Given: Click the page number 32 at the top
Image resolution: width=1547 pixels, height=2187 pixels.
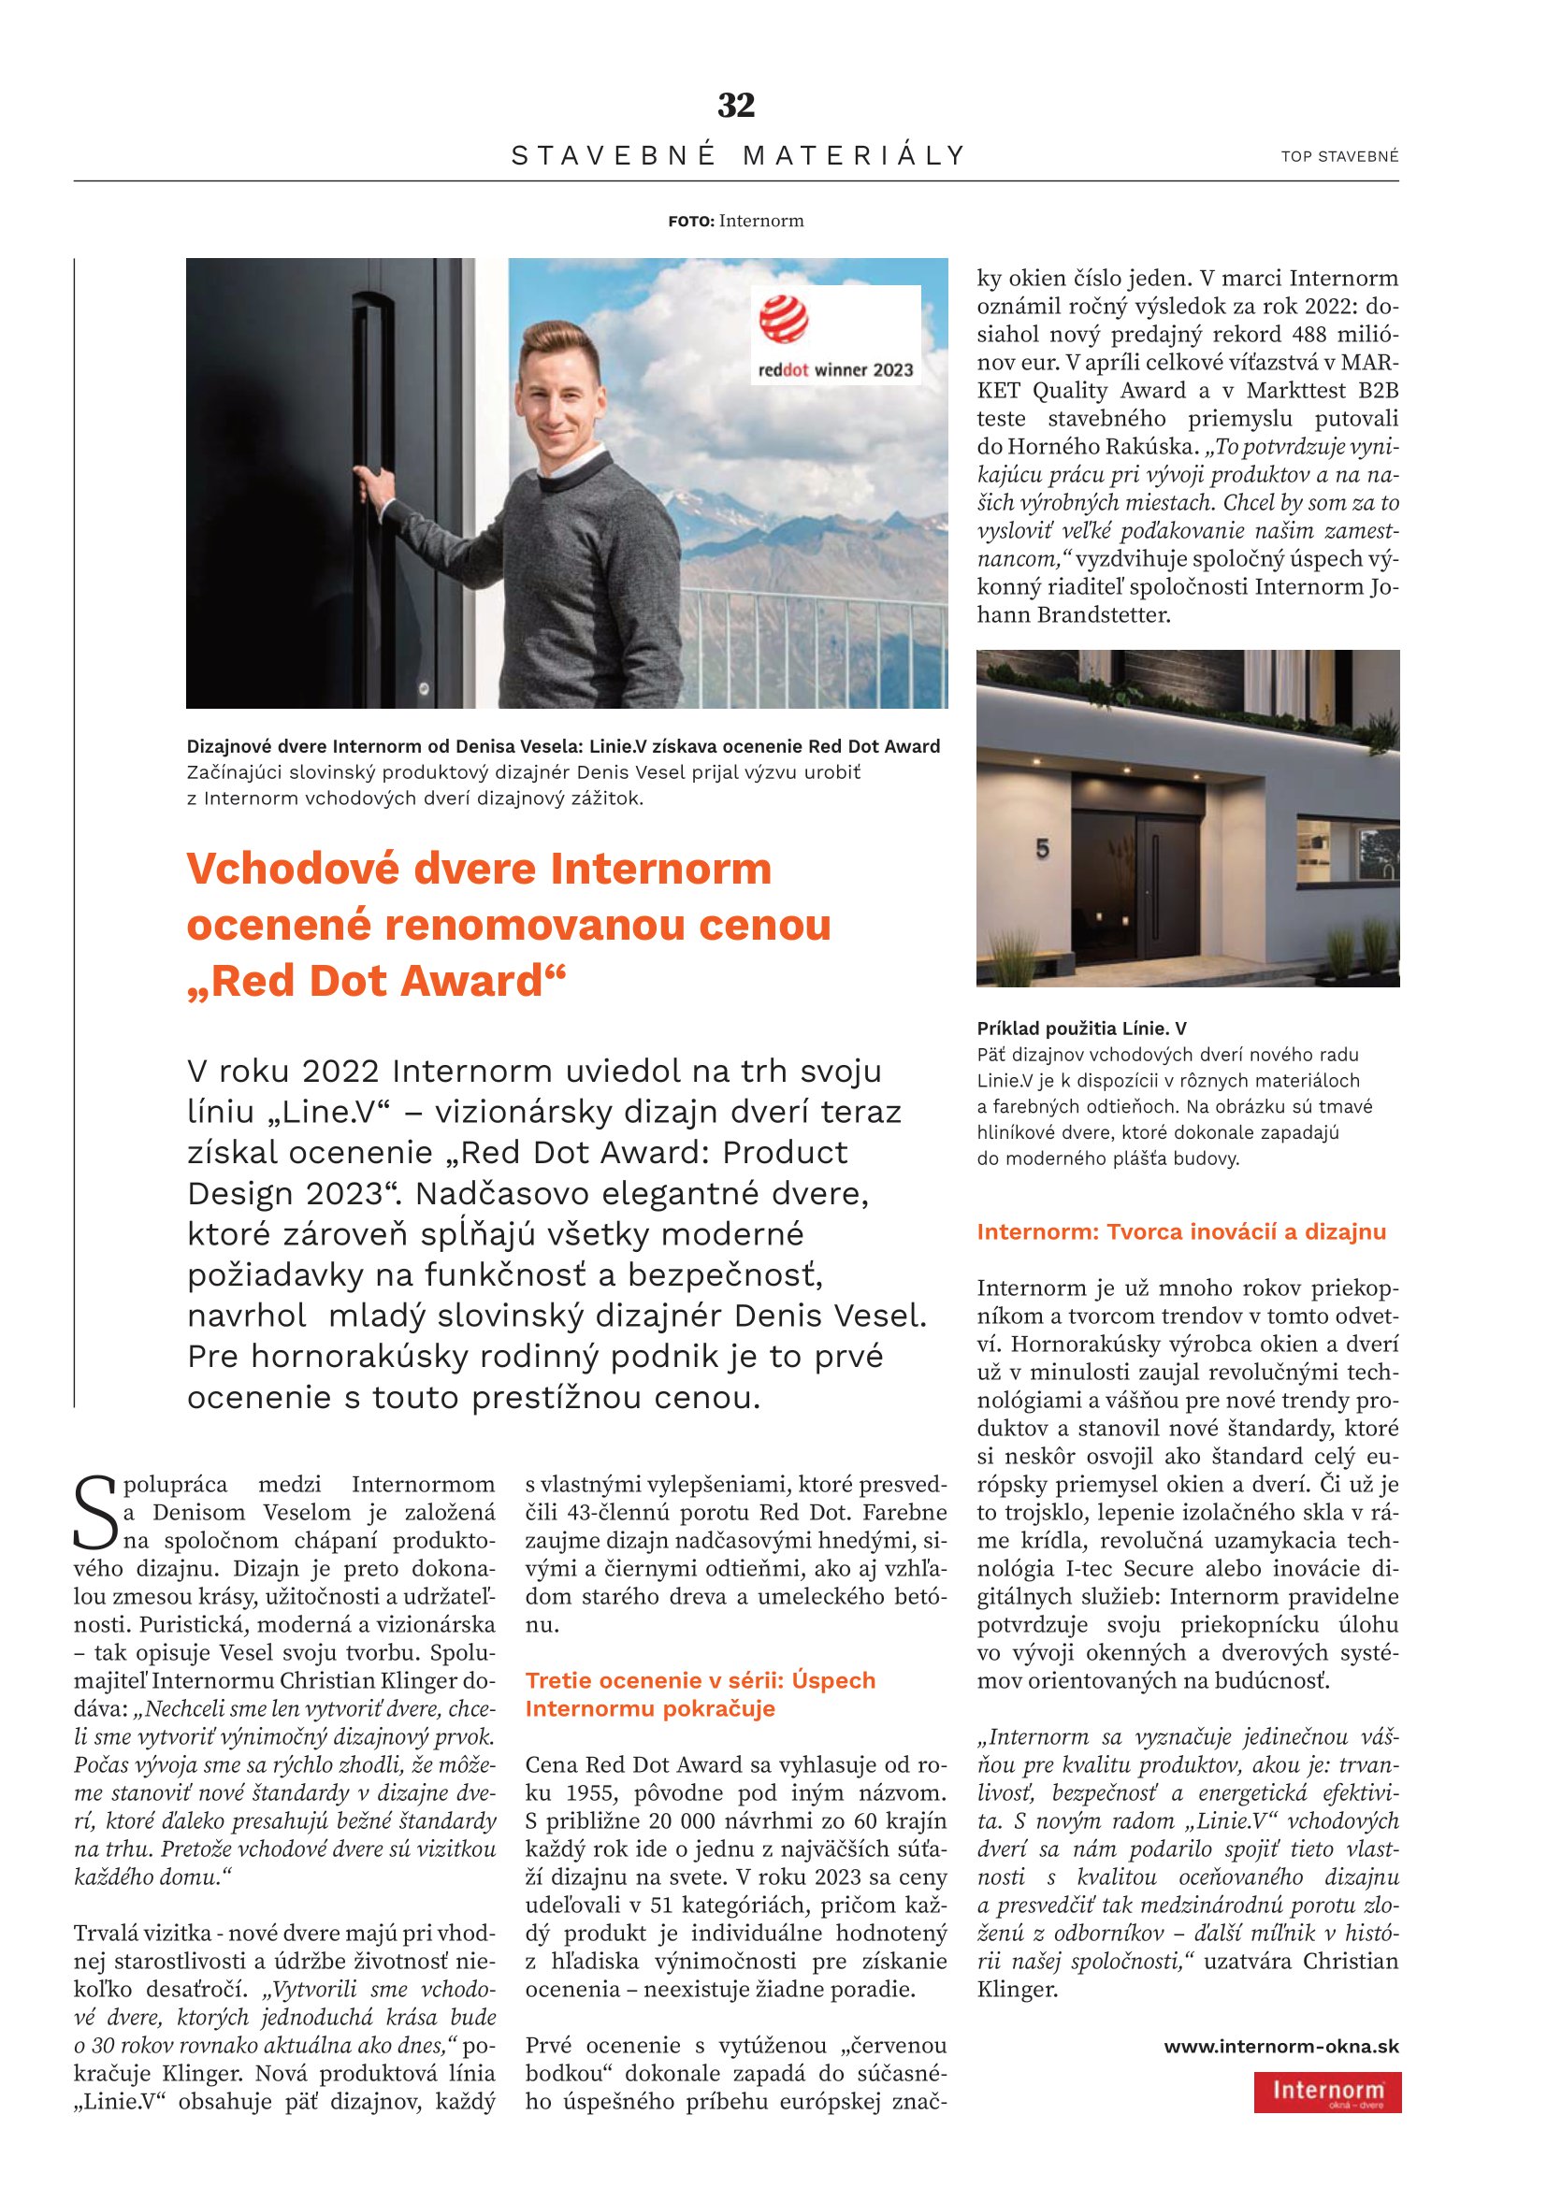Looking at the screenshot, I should pyautogui.click(x=735, y=106).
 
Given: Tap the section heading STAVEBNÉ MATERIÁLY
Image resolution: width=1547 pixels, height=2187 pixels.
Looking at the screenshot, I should pyautogui.click(x=738, y=155).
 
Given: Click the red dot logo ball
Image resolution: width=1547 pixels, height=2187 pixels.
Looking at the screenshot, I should pyautogui.click(x=783, y=319).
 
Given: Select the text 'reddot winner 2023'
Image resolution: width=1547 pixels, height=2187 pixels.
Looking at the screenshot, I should pyautogui.click(x=834, y=369).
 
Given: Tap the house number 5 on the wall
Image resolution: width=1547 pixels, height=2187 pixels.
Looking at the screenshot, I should pyautogui.click(x=1042, y=848).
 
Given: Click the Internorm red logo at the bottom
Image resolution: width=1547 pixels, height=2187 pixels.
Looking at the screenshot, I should pyautogui.click(x=1327, y=2092).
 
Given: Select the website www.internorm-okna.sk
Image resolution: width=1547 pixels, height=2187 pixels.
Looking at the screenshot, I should pyautogui.click(x=1281, y=2046).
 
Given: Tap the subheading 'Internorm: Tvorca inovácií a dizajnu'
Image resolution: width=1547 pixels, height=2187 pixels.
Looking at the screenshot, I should pyautogui.click(x=1181, y=1231).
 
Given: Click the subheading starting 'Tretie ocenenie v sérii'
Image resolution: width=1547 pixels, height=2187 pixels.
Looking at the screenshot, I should pyautogui.click(x=700, y=1680).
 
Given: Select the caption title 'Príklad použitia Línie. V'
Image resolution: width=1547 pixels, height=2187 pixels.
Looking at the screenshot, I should pyautogui.click(x=1081, y=1029).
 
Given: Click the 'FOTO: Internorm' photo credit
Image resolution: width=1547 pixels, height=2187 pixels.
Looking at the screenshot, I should pyautogui.click(x=735, y=221).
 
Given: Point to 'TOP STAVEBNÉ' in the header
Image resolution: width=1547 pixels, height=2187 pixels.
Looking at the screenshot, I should pyautogui.click(x=1339, y=157).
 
